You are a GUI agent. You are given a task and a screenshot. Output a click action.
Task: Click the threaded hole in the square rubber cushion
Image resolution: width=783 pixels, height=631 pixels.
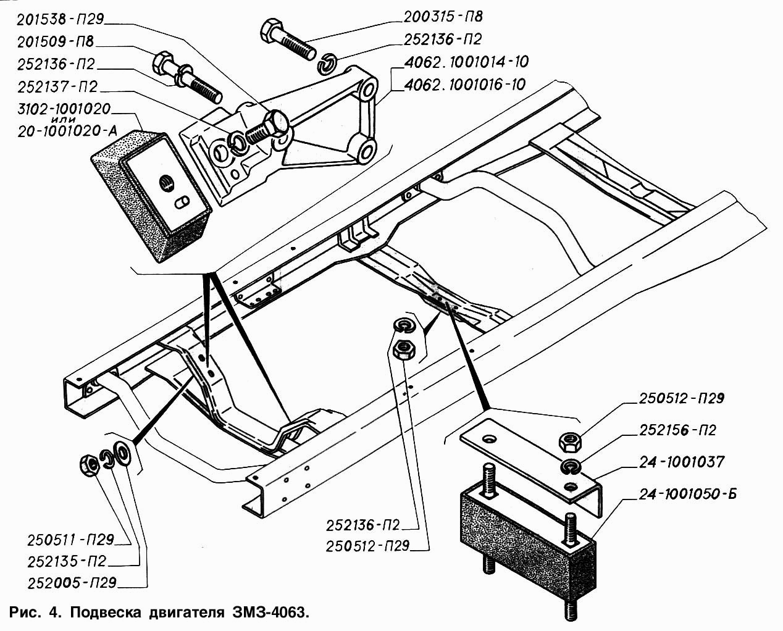point(166,183)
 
